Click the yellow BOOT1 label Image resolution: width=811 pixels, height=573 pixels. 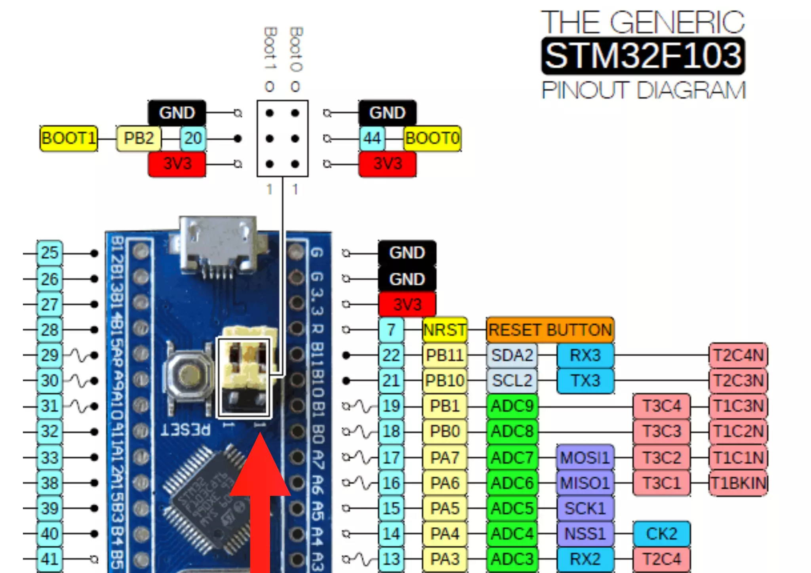[69, 139]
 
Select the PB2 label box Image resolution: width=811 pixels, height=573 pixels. [139, 139]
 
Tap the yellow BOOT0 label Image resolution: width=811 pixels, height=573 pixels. [432, 139]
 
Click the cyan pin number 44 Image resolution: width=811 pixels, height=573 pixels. [372, 139]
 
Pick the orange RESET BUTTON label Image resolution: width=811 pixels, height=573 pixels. [550, 330]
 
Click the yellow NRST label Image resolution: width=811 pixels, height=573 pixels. [444, 330]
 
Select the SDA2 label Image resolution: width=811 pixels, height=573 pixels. [512, 355]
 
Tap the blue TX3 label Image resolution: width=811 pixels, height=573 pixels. [585, 380]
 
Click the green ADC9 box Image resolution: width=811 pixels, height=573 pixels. [512, 406]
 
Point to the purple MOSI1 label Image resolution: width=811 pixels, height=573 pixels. [585, 458]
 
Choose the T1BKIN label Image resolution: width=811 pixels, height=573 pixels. [738, 483]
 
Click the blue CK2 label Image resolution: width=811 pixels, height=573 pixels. [661, 534]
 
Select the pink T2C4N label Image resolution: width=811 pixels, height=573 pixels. [738, 355]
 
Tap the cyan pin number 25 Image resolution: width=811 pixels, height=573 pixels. [49, 253]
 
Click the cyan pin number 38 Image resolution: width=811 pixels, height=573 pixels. [49, 483]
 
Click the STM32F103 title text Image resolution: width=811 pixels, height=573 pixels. [643, 56]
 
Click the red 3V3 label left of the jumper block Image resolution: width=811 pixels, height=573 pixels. [177, 164]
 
